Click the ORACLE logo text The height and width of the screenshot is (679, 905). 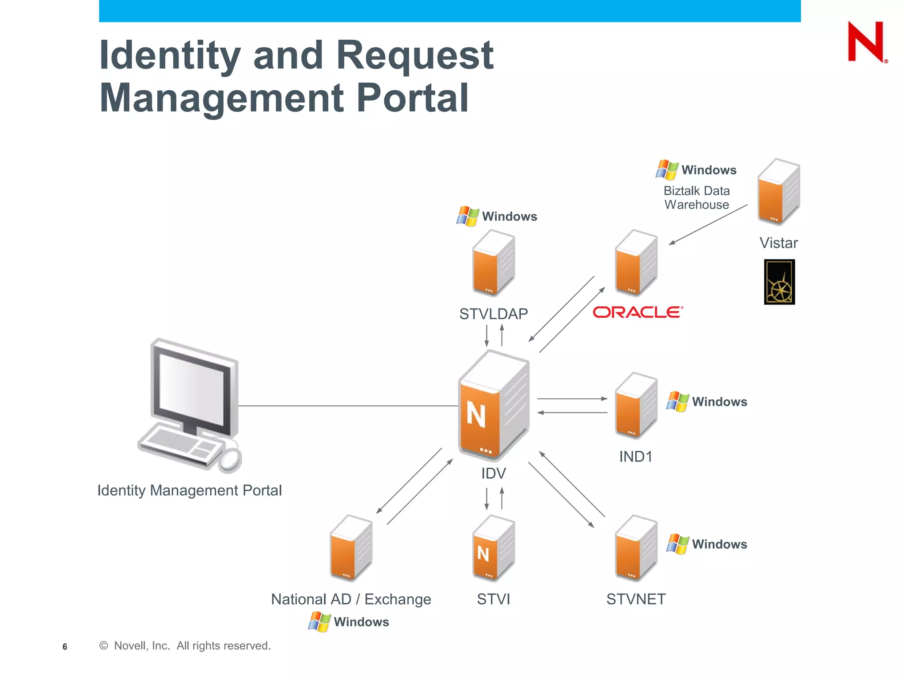[637, 312]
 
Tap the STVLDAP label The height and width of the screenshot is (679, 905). [493, 314]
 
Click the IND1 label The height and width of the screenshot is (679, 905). [635, 457]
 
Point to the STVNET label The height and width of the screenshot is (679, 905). [635, 599]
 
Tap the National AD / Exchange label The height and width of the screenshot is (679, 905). [351, 599]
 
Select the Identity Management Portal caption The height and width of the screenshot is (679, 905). [189, 490]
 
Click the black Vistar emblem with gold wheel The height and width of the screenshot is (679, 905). [779, 282]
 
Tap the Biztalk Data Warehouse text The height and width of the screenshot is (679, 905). [696, 198]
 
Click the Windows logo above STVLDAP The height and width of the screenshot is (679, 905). [468, 216]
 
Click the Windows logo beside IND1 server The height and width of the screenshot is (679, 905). [677, 401]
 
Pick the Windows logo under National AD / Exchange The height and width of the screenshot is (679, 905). [319, 622]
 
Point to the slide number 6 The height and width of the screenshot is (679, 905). [65, 647]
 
